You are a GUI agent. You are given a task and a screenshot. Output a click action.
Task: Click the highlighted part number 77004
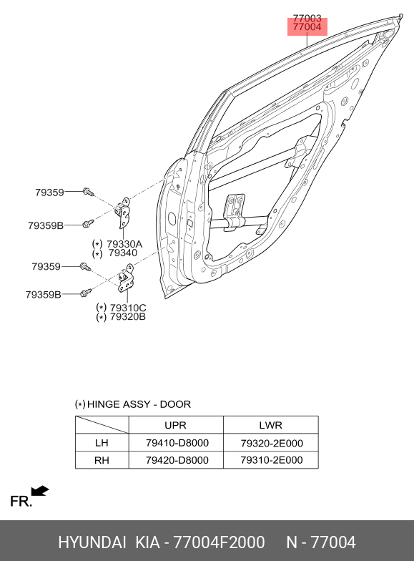click(307, 27)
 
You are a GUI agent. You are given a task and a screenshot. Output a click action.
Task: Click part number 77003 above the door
click(307, 19)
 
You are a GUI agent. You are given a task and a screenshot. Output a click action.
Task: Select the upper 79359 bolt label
click(49, 192)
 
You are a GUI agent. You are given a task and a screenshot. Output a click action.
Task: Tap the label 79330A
click(124, 245)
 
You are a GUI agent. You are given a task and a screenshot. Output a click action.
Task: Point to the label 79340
click(123, 253)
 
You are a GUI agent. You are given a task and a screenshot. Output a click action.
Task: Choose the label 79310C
click(128, 308)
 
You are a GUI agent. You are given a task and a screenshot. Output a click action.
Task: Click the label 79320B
click(127, 317)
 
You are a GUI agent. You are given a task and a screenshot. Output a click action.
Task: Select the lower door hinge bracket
click(126, 278)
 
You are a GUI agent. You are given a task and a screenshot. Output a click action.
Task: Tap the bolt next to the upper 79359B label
click(88, 223)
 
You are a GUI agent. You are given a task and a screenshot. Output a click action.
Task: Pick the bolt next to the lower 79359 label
click(86, 267)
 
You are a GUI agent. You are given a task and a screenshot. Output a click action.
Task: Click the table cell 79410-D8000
click(177, 443)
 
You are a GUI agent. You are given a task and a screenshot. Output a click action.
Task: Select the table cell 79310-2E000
click(272, 460)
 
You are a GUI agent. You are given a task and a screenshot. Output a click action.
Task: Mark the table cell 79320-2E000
click(272, 444)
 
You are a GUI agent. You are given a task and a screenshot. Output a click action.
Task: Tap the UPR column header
click(175, 425)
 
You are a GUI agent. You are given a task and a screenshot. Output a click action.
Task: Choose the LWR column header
click(270, 425)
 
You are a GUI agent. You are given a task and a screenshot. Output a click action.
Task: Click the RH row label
click(102, 460)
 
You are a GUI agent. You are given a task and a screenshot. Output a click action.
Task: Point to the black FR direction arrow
click(40, 491)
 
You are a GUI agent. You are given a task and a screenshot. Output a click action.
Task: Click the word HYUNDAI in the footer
click(92, 542)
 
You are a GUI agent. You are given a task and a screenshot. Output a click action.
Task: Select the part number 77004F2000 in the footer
click(219, 542)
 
